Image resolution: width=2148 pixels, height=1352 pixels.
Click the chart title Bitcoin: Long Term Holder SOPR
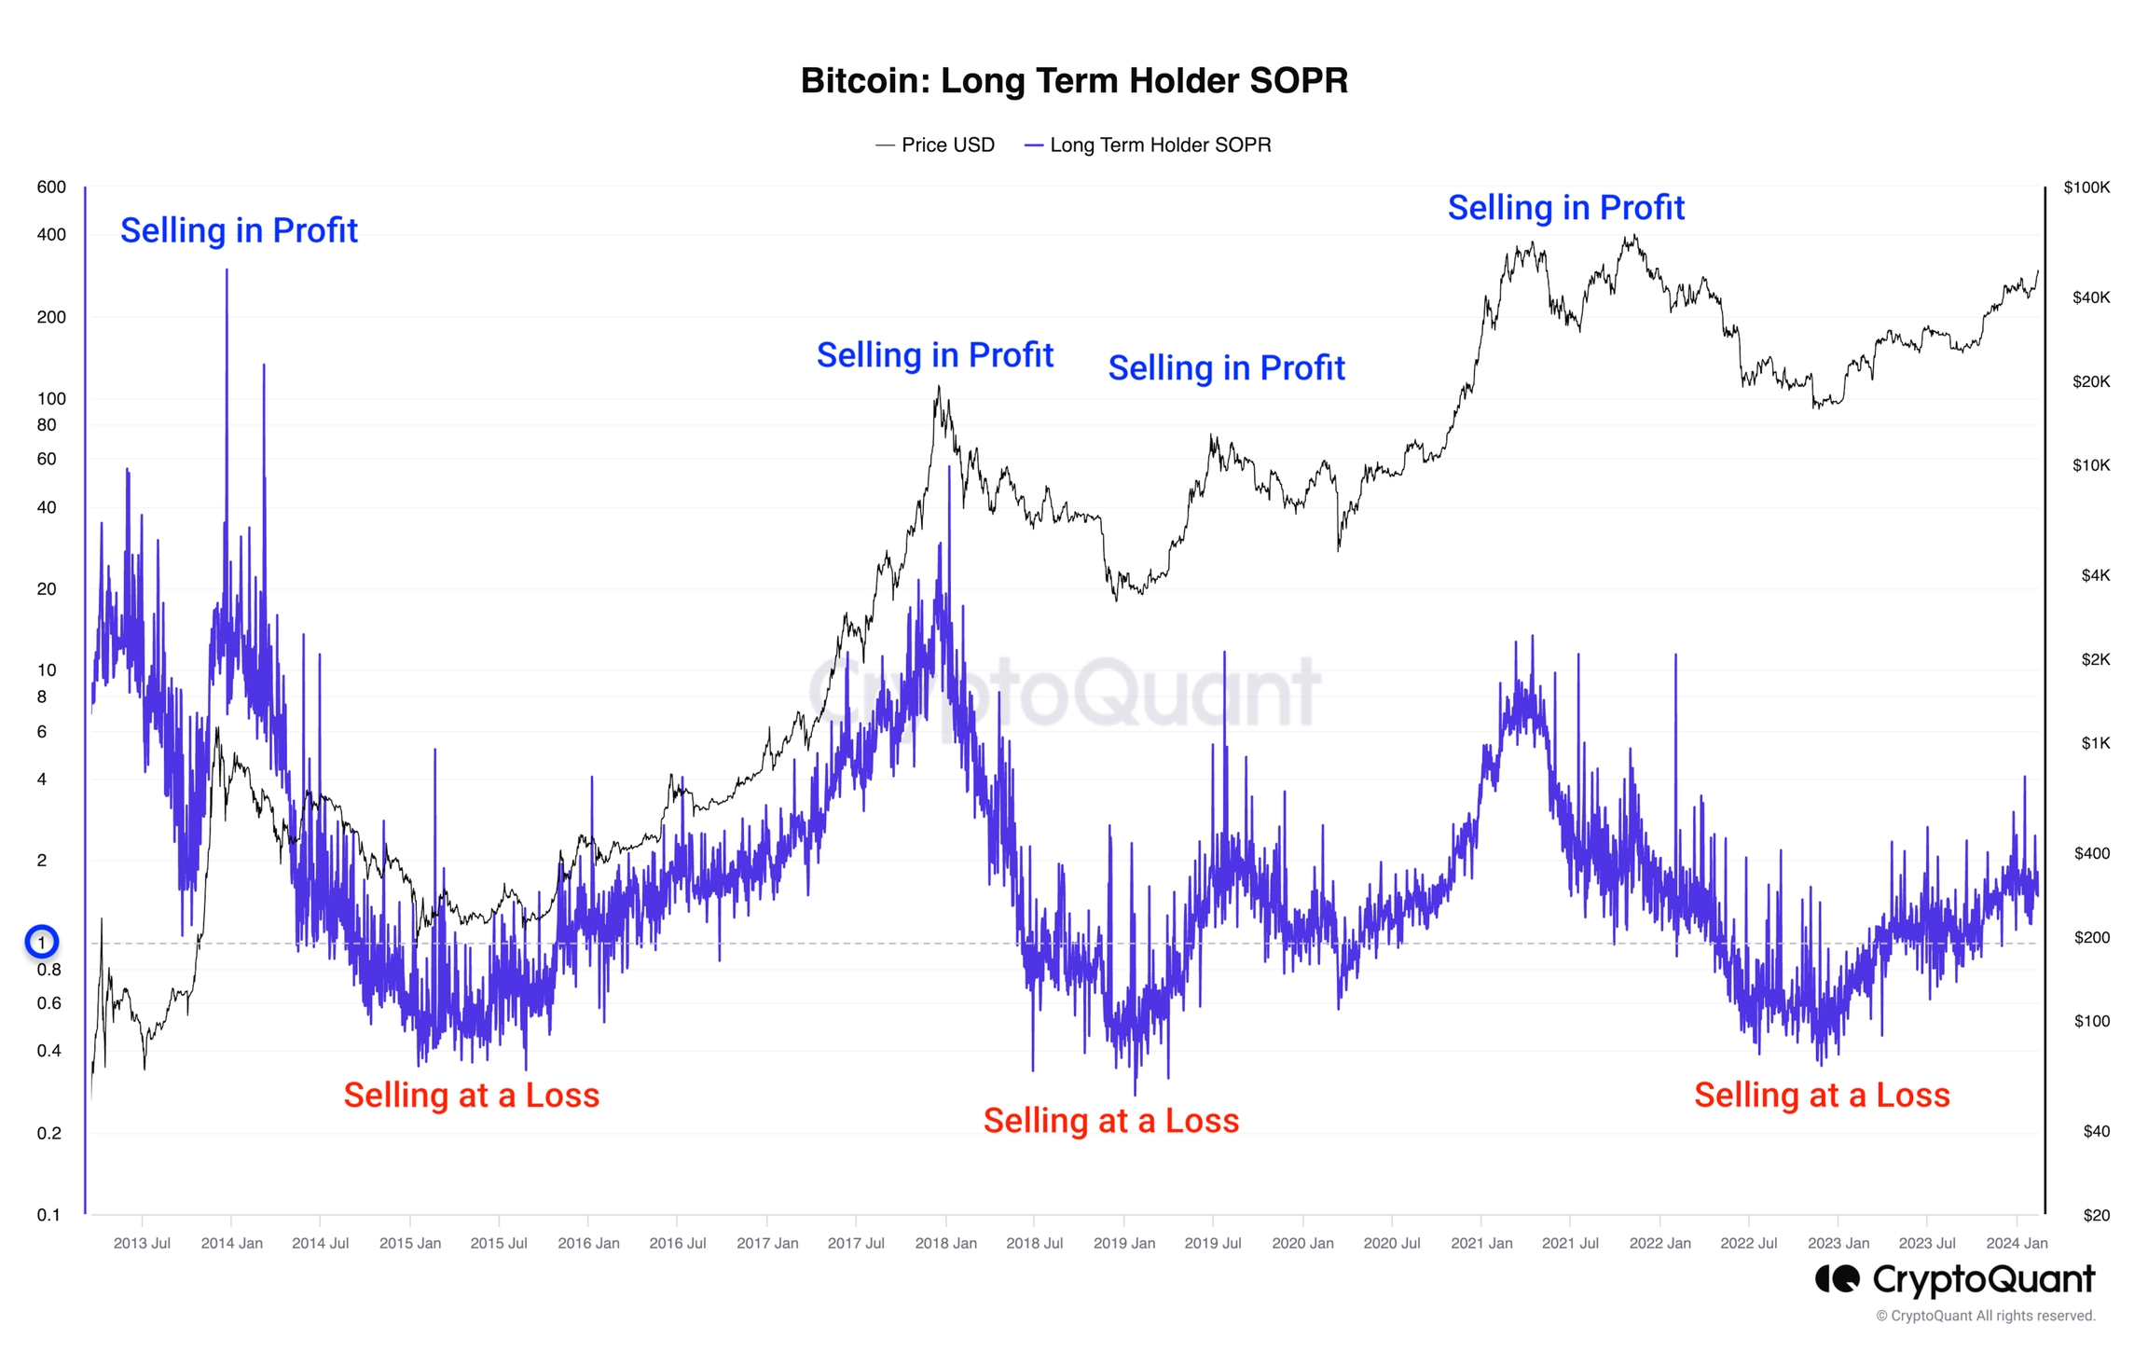pyautogui.click(x=1074, y=81)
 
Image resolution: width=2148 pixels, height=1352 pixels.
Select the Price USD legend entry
pyautogui.click(x=936, y=145)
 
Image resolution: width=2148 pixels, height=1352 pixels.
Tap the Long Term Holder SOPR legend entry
pyautogui.click(x=1149, y=145)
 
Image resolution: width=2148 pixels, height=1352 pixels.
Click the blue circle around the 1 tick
pyautogui.click(x=41, y=943)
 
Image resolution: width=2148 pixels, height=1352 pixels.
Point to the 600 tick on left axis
pyautogui.click(x=51, y=187)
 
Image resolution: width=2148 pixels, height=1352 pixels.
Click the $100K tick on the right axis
pyautogui.click(x=2086, y=187)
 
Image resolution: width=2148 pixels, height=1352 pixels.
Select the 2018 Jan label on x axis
pyautogui.click(x=945, y=1243)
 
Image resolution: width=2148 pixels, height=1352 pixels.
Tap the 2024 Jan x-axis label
pyautogui.click(x=2017, y=1243)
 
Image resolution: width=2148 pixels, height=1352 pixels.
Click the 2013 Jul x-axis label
pyautogui.click(x=142, y=1243)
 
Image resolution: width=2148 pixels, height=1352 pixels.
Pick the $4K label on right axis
pyautogui.click(x=2095, y=575)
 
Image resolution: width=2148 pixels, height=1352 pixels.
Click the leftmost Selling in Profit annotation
pyautogui.click(x=239, y=230)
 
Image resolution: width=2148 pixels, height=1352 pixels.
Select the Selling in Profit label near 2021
pyautogui.click(x=1565, y=208)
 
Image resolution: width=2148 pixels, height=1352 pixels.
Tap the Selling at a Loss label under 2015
pyautogui.click(x=471, y=1095)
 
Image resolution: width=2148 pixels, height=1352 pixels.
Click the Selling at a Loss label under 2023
pyautogui.click(x=1822, y=1095)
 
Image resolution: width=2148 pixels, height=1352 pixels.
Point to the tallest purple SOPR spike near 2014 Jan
pyautogui.click(x=227, y=272)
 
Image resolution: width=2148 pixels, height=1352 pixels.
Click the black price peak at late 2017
pyautogui.click(x=938, y=390)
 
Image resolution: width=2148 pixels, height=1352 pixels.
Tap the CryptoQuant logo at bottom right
pyautogui.click(x=1955, y=1279)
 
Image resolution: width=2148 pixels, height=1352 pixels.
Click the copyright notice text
pyautogui.click(x=1985, y=1316)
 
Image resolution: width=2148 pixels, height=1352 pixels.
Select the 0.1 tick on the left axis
pyautogui.click(x=48, y=1215)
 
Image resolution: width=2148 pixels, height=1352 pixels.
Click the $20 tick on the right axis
pyautogui.click(x=2096, y=1215)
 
